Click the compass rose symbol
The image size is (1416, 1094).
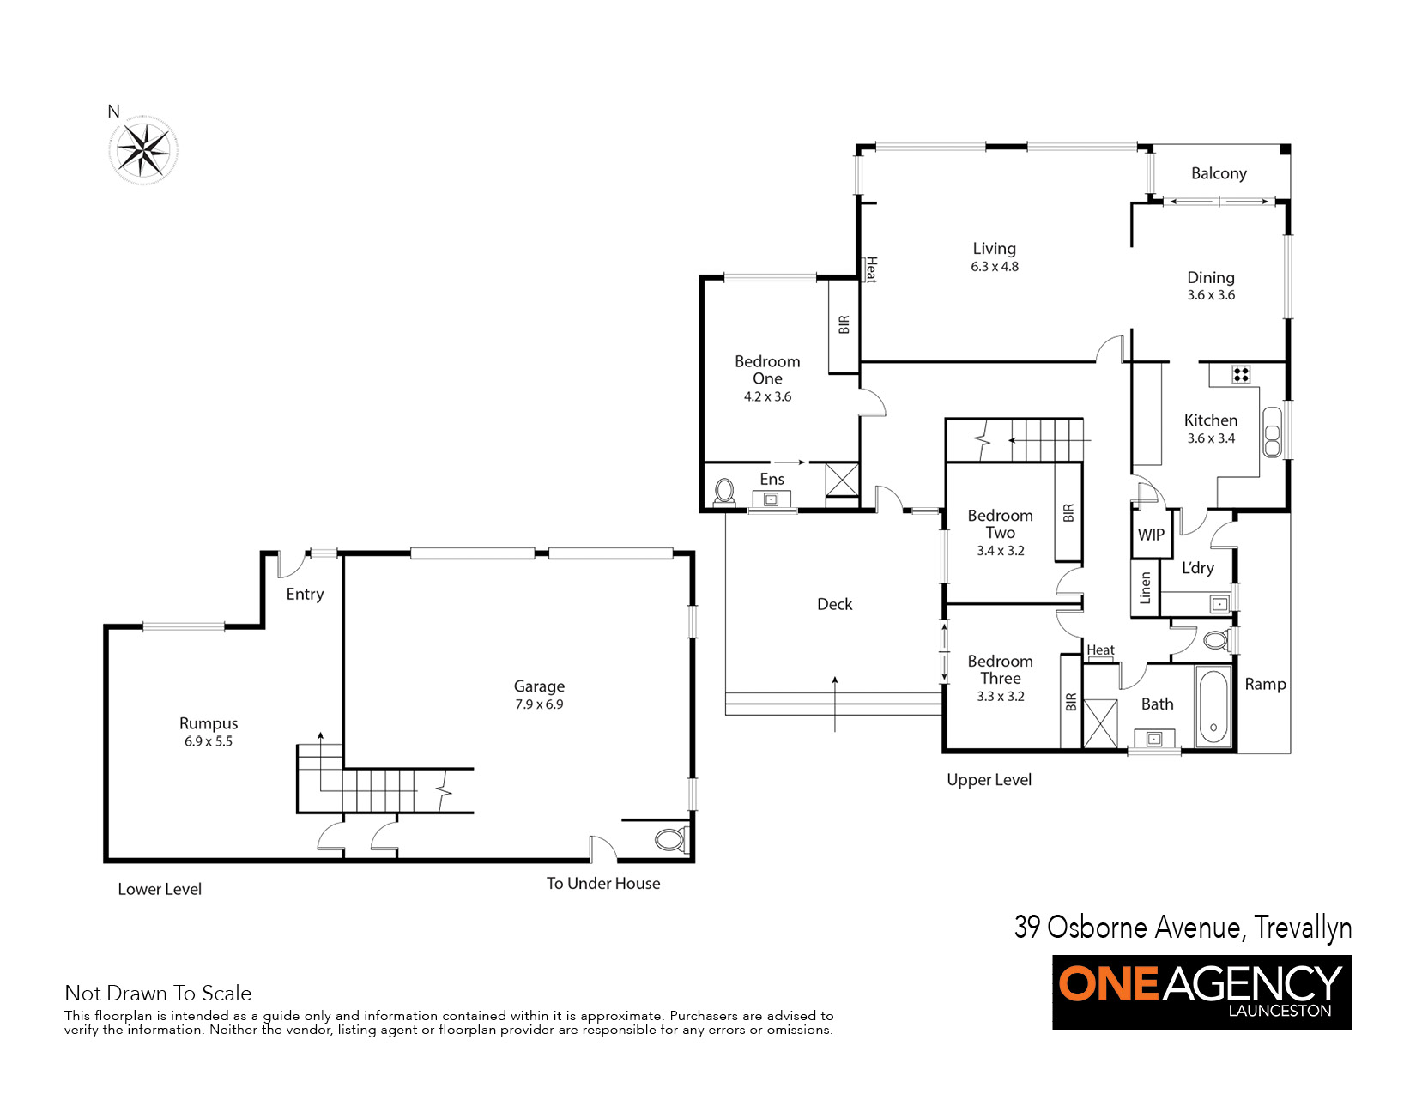pyautogui.click(x=143, y=151)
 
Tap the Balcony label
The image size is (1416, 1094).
pyautogui.click(x=1218, y=173)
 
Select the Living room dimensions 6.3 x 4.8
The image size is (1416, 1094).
pyautogui.click(x=994, y=267)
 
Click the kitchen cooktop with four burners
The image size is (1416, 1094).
pyautogui.click(x=1241, y=374)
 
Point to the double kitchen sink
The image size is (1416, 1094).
pyautogui.click(x=1272, y=431)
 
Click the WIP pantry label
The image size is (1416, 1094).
pyautogui.click(x=1150, y=535)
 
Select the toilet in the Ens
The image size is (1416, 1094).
pyautogui.click(x=725, y=493)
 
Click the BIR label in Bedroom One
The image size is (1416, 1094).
pyautogui.click(x=844, y=324)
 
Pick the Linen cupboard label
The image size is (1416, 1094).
pyautogui.click(x=1145, y=589)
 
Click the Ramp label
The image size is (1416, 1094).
pyautogui.click(x=1265, y=684)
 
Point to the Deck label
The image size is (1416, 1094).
pyautogui.click(x=834, y=604)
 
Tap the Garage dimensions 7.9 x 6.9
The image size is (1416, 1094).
pyautogui.click(x=539, y=704)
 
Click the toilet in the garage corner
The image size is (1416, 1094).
pyautogui.click(x=669, y=839)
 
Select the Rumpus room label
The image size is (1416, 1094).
pyautogui.click(x=209, y=723)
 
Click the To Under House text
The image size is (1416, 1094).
pyautogui.click(x=603, y=883)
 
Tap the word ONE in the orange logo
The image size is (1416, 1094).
pyautogui.click(x=1108, y=983)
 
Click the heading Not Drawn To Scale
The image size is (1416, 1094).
pyautogui.click(x=158, y=993)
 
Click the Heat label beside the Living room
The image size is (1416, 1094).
pyautogui.click(x=870, y=269)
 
